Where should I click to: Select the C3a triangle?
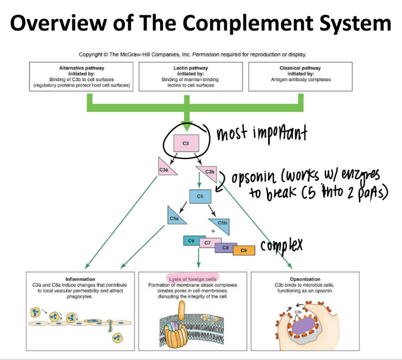(165, 168)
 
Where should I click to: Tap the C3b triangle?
(207, 170)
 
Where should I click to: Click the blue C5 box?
(200, 196)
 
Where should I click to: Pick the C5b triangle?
(220, 223)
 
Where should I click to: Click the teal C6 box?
(191, 241)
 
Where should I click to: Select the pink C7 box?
(208, 244)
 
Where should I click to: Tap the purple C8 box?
(225, 247)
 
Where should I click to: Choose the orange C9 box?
(244, 250)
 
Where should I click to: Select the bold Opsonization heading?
(305, 279)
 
